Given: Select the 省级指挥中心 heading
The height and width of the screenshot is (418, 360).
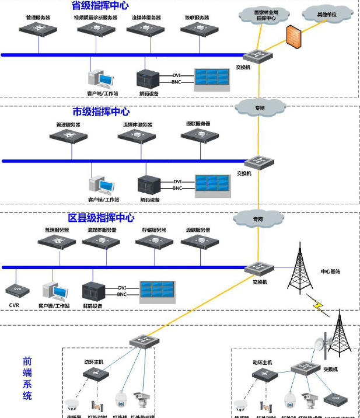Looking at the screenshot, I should point(100,6).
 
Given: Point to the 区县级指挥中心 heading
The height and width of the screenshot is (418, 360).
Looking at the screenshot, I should point(102,218).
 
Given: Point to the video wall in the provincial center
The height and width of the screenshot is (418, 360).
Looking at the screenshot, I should point(212,78).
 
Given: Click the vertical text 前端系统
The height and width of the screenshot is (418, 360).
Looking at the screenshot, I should point(27,378).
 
